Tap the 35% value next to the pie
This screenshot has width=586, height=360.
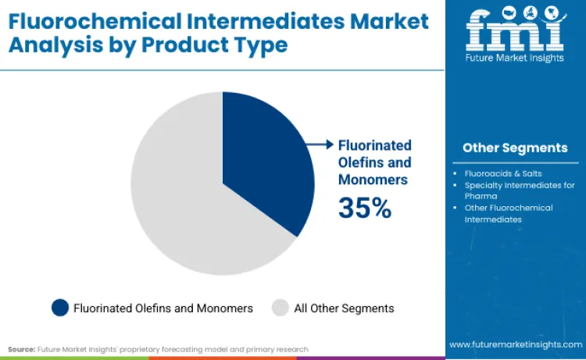(364, 208)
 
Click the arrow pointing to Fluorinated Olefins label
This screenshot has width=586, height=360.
(318, 144)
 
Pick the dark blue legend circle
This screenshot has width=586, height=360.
(60, 308)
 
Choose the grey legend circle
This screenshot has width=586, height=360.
(280, 308)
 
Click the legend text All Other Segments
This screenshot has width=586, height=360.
(344, 308)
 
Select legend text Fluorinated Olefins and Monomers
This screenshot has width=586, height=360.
(163, 308)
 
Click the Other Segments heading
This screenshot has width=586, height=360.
(515, 148)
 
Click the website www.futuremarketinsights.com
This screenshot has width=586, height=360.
(516, 344)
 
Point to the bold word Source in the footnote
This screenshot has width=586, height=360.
(20, 349)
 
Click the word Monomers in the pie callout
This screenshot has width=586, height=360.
(373, 179)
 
